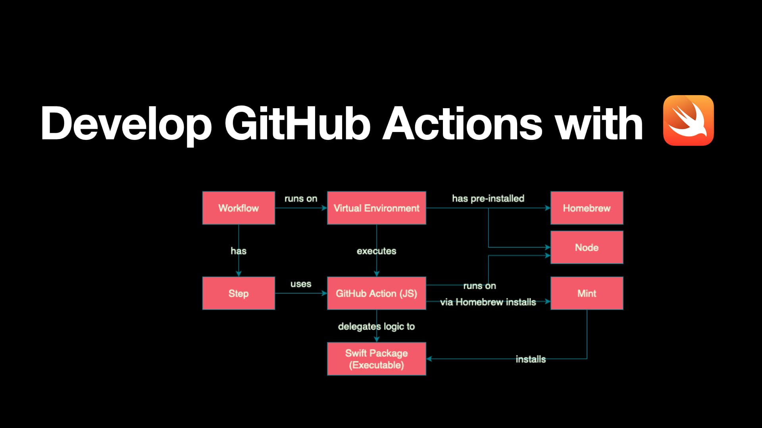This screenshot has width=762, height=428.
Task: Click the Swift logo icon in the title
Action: (x=688, y=120)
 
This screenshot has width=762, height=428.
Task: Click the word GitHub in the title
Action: (x=297, y=124)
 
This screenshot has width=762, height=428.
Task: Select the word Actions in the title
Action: (x=462, y=124)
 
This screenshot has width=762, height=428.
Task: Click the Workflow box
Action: (x=239, y=208)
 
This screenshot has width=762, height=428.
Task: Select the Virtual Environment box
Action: (x=376, y=208)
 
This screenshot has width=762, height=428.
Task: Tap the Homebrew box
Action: (x=587, y=208)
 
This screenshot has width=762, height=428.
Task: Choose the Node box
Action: (x=587, y=247)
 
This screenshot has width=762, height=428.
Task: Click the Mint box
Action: (x=587, y=293)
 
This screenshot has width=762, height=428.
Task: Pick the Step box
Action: (x=239, y=293)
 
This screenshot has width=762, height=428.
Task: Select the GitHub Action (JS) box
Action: (x=376, y=293)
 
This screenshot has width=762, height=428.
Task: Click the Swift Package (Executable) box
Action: (x=376, y=359)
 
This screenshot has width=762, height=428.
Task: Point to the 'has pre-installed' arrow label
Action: (x=488, y=198)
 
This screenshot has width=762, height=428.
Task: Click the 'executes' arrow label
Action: (x=376, y=251)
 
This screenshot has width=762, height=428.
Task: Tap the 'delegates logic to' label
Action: (x=376, y=326)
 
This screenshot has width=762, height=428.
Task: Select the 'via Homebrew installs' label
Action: (x=488, y=302)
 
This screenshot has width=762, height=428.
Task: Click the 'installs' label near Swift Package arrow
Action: (x=531, y=359)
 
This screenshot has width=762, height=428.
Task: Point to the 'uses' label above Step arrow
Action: (x=301, y=284)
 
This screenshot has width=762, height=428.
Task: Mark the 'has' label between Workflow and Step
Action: (x=239, y=251)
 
